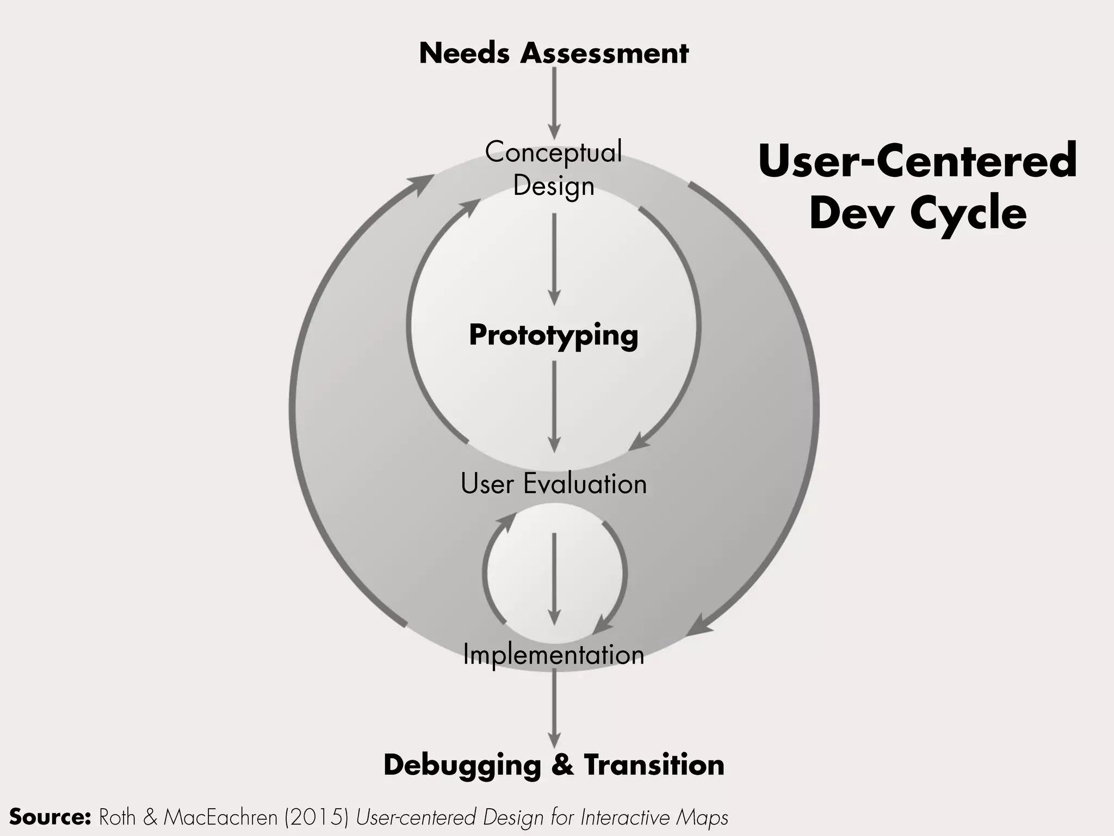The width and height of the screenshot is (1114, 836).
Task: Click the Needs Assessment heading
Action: [x=554, y=54]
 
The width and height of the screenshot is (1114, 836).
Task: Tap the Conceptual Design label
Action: [x=554, y=168]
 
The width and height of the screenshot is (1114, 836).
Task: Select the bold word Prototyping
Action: [x=554, y=335]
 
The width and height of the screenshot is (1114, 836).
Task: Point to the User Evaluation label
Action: [x=554, y=483]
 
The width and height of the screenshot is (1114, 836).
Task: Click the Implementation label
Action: [x=554, y=654]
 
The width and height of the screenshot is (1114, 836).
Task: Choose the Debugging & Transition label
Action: [x=554, y=765]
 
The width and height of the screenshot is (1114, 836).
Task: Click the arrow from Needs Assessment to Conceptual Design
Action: [x=554, y=103]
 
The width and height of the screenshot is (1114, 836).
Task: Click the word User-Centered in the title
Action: [x=918, y=161]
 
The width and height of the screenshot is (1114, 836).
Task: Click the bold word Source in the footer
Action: [x=49, y=817]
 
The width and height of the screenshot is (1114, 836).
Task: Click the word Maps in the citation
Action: [x=702, y=817]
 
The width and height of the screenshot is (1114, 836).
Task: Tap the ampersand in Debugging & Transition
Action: [x=562, y=765]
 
